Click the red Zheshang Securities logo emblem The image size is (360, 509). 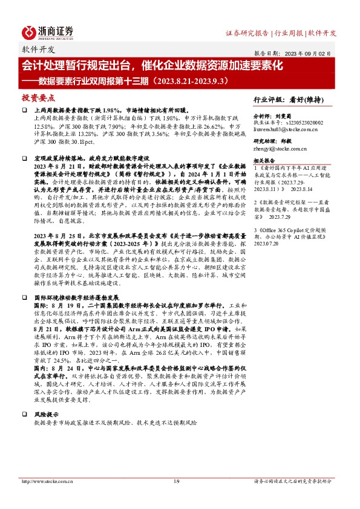click(x=28, y=31)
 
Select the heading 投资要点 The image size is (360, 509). click(x=38, y=97)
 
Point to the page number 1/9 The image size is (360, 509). click(x=177, y=481)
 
